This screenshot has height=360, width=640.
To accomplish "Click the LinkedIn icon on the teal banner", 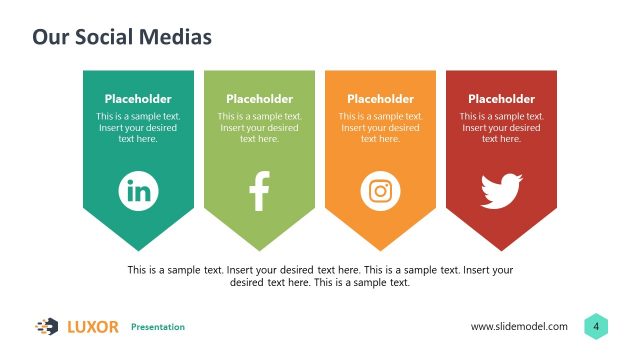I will [138, 190].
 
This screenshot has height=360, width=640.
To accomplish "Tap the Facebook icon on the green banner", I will [259, 190].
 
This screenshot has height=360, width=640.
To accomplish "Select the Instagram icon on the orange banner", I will [380, 190].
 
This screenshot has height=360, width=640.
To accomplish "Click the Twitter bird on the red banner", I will [501, 190].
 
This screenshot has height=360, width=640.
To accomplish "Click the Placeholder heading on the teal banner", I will [138, 99].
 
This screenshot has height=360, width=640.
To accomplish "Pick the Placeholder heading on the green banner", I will [259, 99].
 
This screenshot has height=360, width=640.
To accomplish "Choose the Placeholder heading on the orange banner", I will [380, 99].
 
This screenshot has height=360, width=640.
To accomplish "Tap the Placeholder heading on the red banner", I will [501, 99].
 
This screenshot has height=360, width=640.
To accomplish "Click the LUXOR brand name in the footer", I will [92, 326].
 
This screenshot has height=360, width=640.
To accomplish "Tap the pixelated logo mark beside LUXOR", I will [47, 326].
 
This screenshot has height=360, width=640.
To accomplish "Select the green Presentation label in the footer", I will [158, 327].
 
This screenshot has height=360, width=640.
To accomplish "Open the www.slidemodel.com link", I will [519, 326].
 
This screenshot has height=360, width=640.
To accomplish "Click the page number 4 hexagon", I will [596, 326].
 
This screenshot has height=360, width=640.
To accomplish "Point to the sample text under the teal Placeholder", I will [138, 128].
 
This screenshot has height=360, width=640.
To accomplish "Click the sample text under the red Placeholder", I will [501, 128].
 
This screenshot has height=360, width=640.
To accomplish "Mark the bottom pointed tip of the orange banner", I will [380, 248].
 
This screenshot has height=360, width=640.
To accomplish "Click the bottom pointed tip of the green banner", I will [259, 248].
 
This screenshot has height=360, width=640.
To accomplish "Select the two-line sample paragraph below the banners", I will [320, 276].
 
